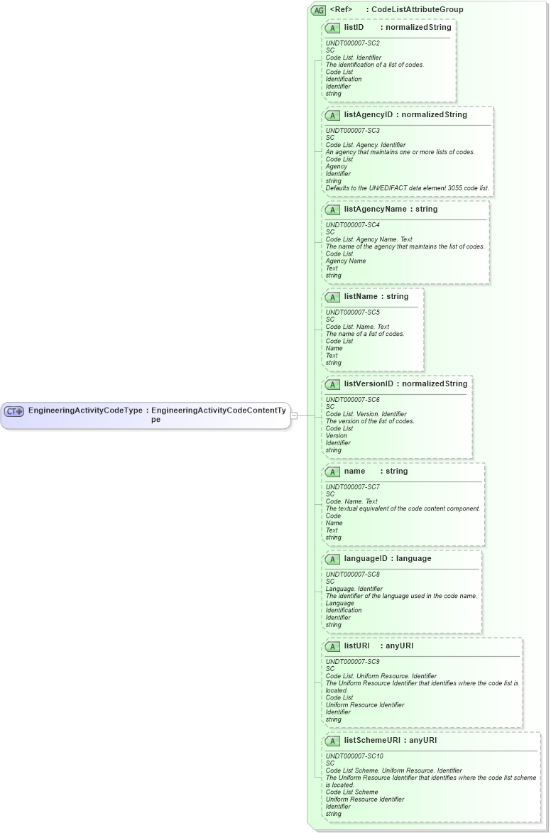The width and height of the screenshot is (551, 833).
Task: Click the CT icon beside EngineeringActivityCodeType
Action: [x=14, y=411]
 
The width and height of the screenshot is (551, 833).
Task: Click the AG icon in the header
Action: [x=318, y=10]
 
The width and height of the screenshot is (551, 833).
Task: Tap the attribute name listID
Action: [x=354, y=28]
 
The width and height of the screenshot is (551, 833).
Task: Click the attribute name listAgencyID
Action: [x=368, y=115]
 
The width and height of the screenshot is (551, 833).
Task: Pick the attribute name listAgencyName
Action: [x=375, y=209]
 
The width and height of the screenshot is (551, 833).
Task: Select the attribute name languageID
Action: [x=366, y=559]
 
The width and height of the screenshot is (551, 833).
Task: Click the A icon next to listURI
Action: [x=332, y=647]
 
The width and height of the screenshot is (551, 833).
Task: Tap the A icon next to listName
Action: [x=332, y=297]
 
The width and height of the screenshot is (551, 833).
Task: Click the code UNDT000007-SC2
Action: [x=353, y=43]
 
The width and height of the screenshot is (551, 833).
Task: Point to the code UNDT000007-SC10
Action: [x=354, y=756]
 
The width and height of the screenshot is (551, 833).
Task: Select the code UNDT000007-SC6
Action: [x=353, y=400]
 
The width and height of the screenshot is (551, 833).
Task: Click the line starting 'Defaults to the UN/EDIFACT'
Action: [x=407, y=188]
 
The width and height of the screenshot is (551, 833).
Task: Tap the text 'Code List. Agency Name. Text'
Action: [x=369, y=239]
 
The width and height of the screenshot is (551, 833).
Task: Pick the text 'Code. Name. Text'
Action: [x=351, y=501]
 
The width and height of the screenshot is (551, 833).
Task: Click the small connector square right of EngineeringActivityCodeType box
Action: [x=294, y=415]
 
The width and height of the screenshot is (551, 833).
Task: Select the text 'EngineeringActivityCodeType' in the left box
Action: [x=85, y=410]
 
